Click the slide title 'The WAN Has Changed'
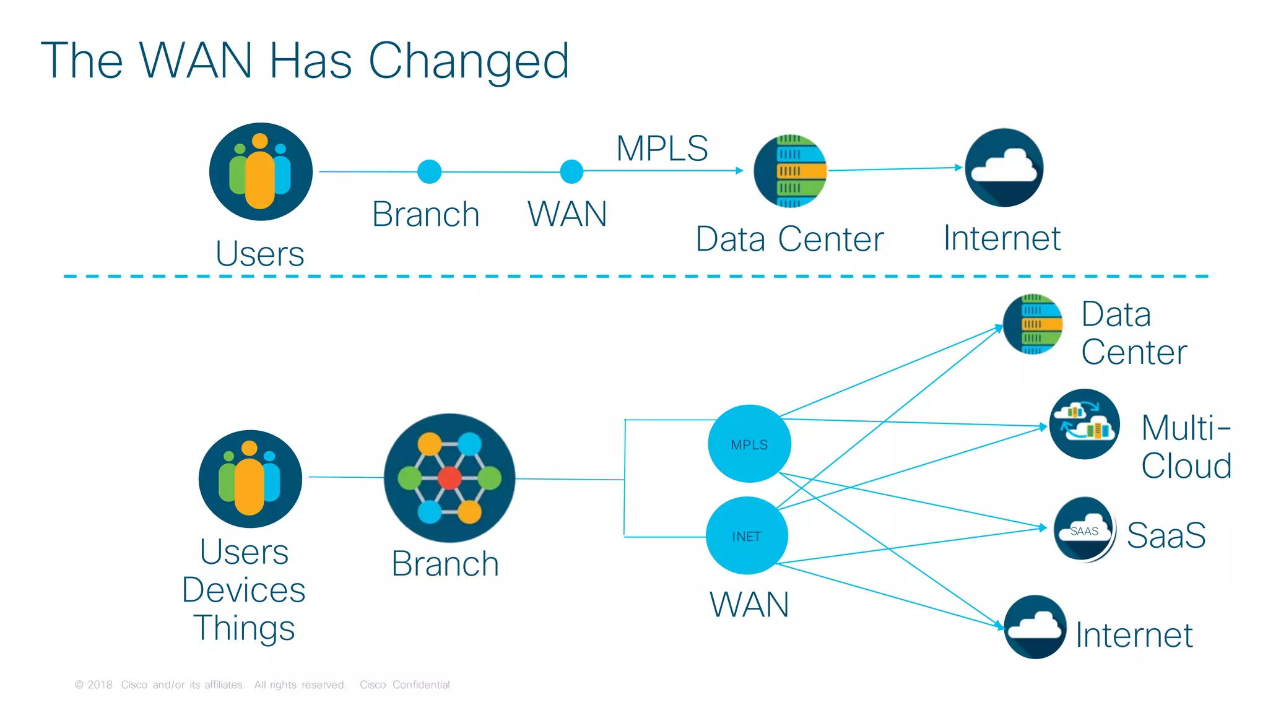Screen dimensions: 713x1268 point(305,61)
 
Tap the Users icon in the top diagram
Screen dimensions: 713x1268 point(261,171)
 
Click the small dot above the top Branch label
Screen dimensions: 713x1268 point(429,171)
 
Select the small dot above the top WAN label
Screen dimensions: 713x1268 point(571,171)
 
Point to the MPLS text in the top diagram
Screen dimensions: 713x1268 point(662,149)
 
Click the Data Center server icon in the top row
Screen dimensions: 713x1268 point(790,171)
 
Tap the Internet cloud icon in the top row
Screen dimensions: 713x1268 point(1004,168)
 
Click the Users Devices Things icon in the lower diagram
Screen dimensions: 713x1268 point(250,478)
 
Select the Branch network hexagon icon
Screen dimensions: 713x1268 point(449,478)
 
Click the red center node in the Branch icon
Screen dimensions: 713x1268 point(449,478)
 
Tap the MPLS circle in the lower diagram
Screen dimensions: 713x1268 point(749,444)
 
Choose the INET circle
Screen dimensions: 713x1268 point(747,536)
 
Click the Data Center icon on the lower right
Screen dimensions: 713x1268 point(1033,324)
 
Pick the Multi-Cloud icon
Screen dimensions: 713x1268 point(1084,424)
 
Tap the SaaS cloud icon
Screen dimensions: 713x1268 point(1083,529)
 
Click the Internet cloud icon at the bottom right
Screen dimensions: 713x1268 point(1035,626)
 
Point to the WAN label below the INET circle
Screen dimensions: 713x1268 point(749,605)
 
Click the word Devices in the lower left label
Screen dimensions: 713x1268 point(243,590)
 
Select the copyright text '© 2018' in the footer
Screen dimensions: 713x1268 point(93,685)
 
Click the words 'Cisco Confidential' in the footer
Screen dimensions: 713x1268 point(404,685)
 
